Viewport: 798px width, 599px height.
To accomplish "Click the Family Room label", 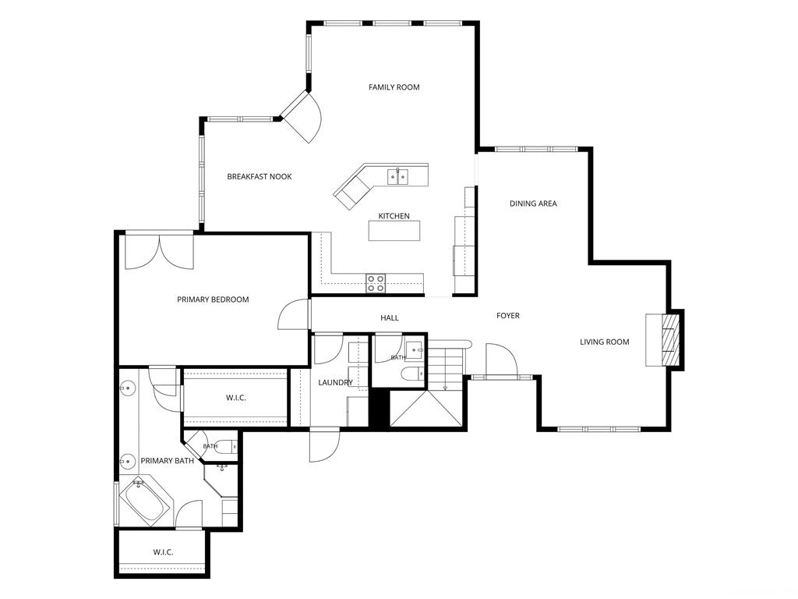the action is tap(394, 87).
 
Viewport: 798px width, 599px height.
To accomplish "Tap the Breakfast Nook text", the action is tap(260, 177).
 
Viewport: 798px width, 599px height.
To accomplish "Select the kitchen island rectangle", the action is tap(394, 230).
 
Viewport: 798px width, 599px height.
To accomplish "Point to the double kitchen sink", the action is tap(397, 176).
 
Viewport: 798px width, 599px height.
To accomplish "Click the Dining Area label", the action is tap(533, 204).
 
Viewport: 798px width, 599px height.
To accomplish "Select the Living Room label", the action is tap(605, 342).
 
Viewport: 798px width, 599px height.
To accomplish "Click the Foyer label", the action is tap(508, 316).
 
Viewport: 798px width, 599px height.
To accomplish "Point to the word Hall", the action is tap(390, 318).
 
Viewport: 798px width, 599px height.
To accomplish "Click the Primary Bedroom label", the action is tap(213, 299).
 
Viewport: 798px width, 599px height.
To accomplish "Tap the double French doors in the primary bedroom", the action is tap(159, 250).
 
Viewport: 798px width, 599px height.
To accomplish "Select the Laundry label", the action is tap(335, 382).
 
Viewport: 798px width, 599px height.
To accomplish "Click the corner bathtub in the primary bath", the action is tap(146, 502).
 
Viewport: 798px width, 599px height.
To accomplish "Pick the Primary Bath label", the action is tap(167, 461).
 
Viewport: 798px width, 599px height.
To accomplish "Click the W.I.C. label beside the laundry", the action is tap(235, 398).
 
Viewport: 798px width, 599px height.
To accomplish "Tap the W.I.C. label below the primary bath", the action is tap(163, 552).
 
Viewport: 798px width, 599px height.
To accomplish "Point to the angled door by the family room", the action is tap(302, 117).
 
